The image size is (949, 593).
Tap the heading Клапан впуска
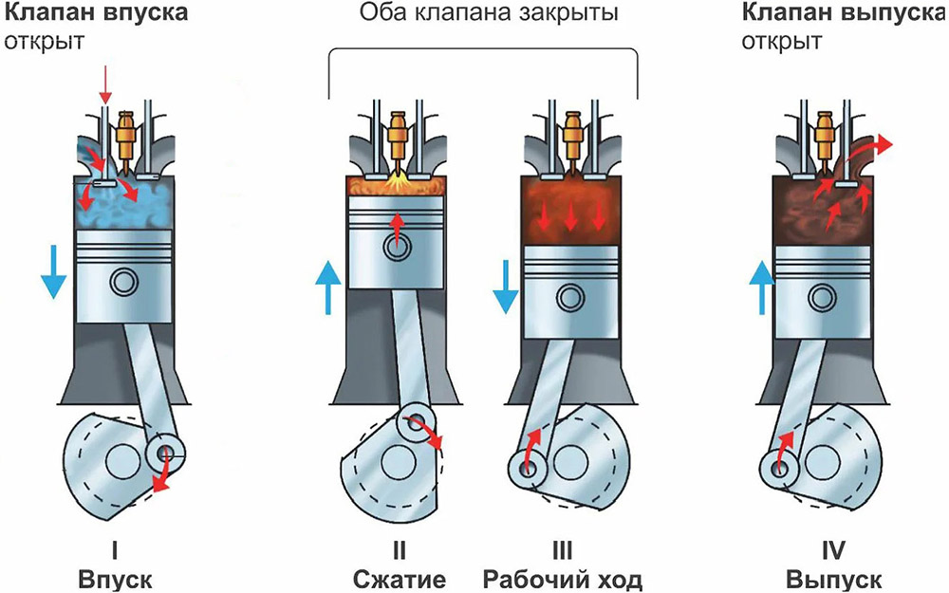pyautogui.click(x=93, y=14)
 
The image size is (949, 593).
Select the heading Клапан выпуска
pyautogui.click(x=844, y=14)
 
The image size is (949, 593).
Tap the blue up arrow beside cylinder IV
pyautogui.click(x=758, y=287)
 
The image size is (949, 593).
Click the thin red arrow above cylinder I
pyautogui.click(x=105, y=94)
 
